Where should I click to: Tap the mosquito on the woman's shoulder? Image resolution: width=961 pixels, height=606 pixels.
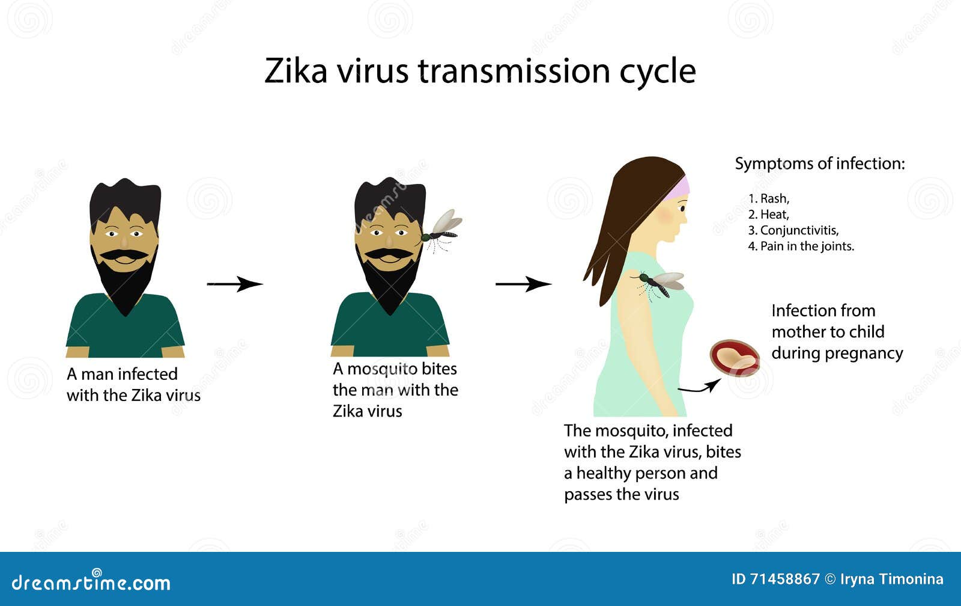658,284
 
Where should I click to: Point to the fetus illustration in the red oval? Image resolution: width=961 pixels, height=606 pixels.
735,358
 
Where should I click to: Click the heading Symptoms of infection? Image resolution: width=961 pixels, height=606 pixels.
819,164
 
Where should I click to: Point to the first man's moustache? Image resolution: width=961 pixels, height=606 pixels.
124,255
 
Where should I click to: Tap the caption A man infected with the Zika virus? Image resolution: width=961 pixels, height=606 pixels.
133,385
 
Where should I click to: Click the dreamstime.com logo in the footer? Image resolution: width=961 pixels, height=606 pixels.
91,582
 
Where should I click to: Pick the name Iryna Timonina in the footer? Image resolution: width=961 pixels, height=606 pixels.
891,579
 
